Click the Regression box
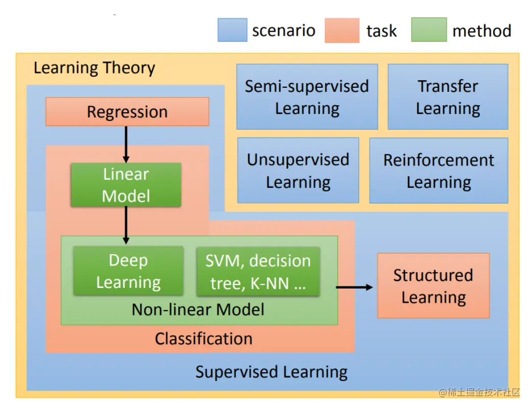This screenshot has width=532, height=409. (127, 112)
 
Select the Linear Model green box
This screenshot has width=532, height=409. (126, 185)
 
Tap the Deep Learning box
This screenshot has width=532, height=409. (128, 271)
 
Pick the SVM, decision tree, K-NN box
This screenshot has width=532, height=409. (258, 272)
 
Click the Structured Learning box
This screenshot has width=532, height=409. (433, 286)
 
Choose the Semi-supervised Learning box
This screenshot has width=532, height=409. (307, 97)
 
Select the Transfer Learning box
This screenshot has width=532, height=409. (448, 97)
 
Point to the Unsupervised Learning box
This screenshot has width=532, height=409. (298, 171)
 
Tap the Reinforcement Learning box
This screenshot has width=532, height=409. (439, 171)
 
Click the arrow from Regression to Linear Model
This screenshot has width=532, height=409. (126, 143)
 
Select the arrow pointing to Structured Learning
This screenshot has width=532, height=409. (354, 287)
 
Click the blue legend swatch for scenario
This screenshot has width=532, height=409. (232, 30)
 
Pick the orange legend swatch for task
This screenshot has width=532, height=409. (342, 30)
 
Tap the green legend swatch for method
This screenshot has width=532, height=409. (429, 30)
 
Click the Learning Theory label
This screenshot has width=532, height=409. (94, 68)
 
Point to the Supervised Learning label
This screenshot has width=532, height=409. (272, 372)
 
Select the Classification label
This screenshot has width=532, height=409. (204, 339)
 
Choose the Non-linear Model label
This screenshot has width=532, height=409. (198, 309)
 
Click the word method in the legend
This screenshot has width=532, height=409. (481, 31)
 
